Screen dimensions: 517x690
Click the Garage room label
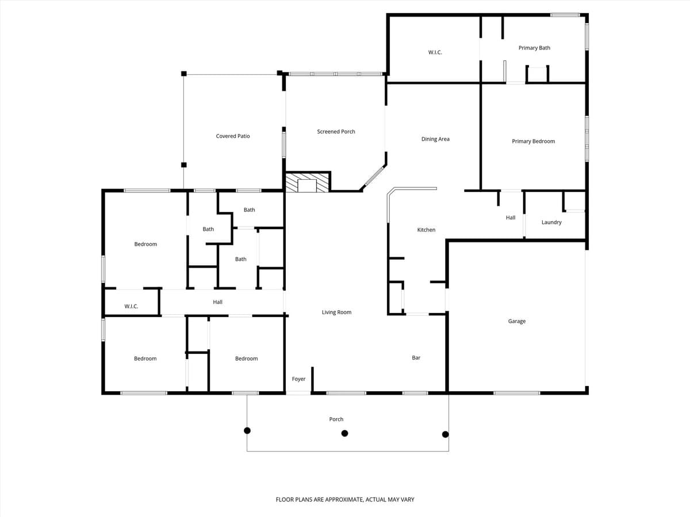[x=516, y=321]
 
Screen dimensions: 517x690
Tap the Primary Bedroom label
[x=533, y=141]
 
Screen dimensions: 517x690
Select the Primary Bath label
[x=534, y=48]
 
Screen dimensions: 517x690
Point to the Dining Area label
[x=435, y=139]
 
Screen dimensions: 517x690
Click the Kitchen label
[x=426, y=230]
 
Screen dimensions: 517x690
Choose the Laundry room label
[x=551, y=222]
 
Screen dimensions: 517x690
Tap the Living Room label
[x=336, y=312]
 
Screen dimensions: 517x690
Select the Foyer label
[x=298, y=379]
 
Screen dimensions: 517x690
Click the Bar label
[x=416, y=358]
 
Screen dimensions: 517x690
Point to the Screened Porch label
[x=336, y=132]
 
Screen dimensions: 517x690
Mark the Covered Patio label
[x=233, y=136]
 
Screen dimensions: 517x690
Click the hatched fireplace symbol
[x=308, y=183]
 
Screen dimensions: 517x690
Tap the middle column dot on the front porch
[x=344, y=434]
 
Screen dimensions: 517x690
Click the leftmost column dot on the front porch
[x=247, y=430]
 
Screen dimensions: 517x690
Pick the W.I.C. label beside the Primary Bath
[x=435, y=52]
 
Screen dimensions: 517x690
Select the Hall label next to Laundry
[x=511, y=218]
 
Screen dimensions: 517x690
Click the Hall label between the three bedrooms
[x=217, y=302]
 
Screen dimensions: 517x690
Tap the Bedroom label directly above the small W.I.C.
[x=145, y=244]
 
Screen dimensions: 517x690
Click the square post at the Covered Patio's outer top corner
[x=184, y=74]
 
